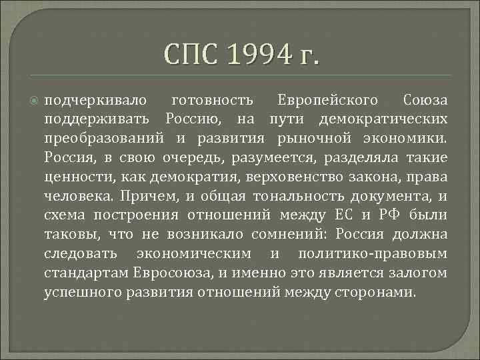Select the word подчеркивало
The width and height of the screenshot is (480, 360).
tap(90, 101)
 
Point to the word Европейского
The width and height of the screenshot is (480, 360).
tap(327, 101)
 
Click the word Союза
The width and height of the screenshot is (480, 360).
tap(425, 101)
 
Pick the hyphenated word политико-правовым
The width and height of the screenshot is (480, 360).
tap(373, 255)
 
